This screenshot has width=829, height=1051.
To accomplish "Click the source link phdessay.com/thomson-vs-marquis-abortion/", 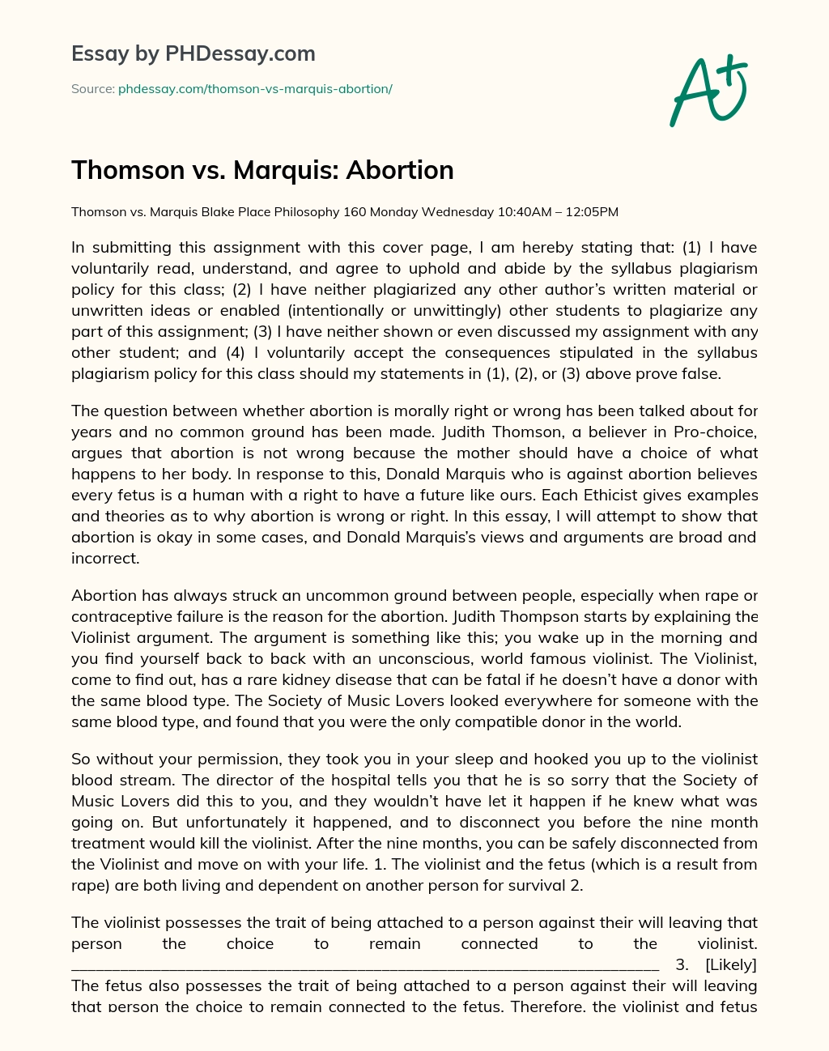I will click(255, 89).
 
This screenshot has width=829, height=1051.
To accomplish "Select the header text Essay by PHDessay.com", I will click(193, 53).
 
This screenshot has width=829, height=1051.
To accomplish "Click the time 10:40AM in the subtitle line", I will click(521, 212).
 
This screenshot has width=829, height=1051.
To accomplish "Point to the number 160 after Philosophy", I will click(355, 212).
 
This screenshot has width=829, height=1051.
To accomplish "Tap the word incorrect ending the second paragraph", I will click(104, 558).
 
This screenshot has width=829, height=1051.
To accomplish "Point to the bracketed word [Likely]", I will click(730, 964).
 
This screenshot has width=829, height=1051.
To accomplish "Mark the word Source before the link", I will click(91, 89).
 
